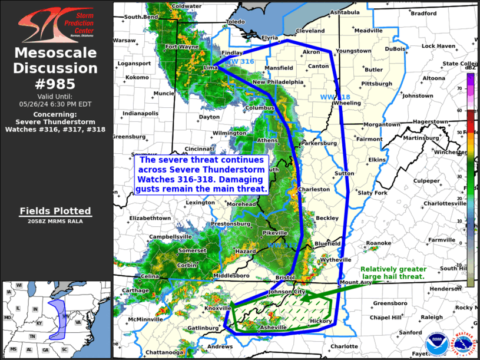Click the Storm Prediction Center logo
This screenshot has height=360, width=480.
pyautogui.click(x=56, y=25)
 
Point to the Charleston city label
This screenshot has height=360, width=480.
pyautogui.click(x=314, y=190)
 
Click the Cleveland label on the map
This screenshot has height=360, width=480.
pyautogui.click(x=310, y=31)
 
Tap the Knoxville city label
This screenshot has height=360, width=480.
pyautogui.click(x=217, y=308)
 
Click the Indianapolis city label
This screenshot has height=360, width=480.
pyautogui.click(x=140, y=113)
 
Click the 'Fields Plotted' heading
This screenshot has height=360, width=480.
pyautogui.click(x=55, y=211)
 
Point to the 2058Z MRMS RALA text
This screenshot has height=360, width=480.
pyautogui.click(x=55, y=222)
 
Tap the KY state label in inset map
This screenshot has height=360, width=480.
pyautogui.click(x=39, y=323)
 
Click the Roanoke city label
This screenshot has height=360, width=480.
pyautogui.click(x=378, y=243)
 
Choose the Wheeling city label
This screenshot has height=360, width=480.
pyautogui.click(x=346, y=103)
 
